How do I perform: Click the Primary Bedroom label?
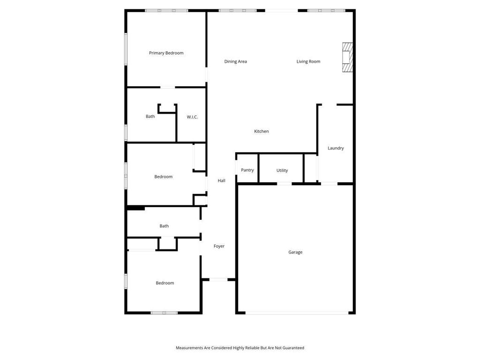tap(166, 53)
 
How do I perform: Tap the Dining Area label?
tap(235, 61)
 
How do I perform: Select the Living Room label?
tap(308, 61)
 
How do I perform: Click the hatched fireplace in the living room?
tap(347, 57)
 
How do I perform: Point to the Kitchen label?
tap(262, 131)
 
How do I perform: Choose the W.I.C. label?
tap(192, 117)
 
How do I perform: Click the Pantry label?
tap(247, 170)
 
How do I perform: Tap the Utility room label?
tap(282, 171)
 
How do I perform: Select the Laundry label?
tap(336, 148)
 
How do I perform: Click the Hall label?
tap(221, 180)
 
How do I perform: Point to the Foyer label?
tap(219, 246)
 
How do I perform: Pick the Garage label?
tap(295, 252)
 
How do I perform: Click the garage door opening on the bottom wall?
tap(297, 313)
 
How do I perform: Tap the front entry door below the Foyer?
tap(218, 279)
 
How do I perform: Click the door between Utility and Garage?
tap(285, 184)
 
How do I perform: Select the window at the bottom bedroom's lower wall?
tap(164, 313)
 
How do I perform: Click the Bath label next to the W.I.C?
tap(150, 116)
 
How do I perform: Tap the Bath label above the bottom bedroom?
tap(164, 226)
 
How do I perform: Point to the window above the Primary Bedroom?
tap(166, 10)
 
